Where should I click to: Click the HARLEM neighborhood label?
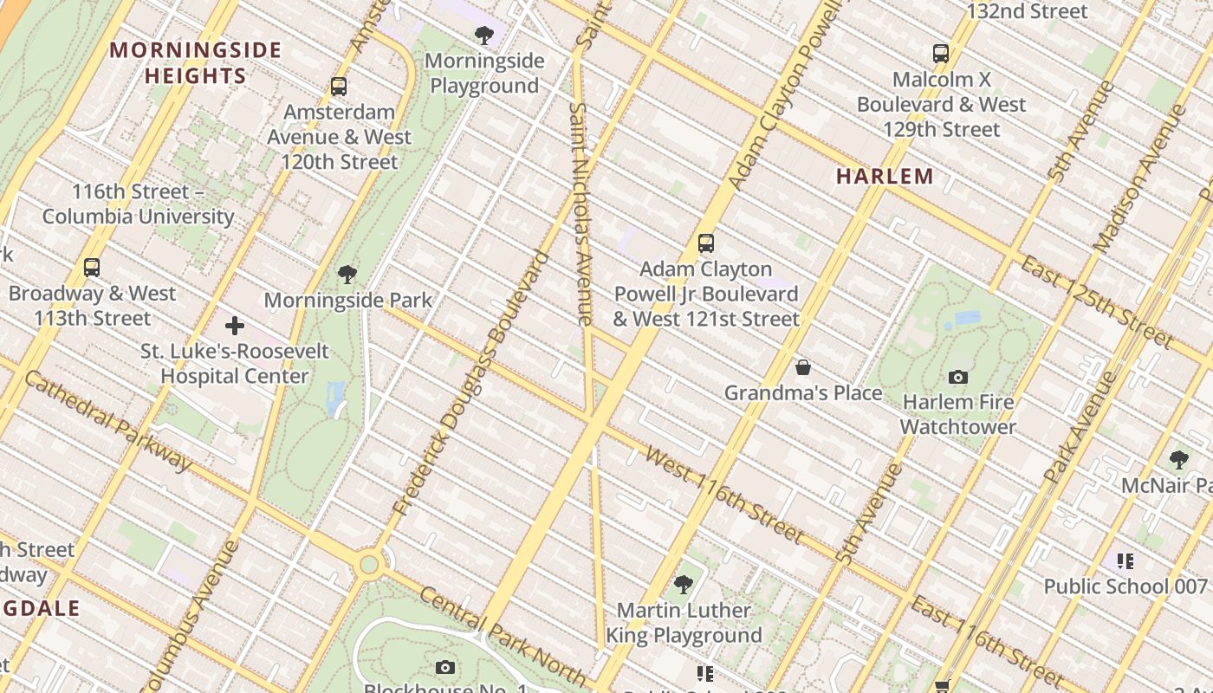point(885,177)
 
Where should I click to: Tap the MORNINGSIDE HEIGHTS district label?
point(196,62)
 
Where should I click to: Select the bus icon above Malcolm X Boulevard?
point(941,54)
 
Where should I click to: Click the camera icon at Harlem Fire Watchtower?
point(957,377)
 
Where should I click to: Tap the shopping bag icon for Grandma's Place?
point(803,367)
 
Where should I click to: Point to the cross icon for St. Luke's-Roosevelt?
point(234,327)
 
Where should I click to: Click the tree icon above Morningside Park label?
point(347,275)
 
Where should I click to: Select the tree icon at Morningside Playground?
point(484,36)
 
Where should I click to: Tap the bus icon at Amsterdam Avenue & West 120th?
point(339,87)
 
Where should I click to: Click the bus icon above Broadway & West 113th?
point(92,268)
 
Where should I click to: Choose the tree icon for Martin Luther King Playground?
point(684,585)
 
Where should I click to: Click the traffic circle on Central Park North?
point(369,565)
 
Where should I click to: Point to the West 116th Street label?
point(723,495)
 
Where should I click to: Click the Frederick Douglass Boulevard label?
point(471,384)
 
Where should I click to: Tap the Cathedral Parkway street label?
point(108,421)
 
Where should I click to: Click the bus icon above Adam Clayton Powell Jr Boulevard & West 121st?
point(706,243)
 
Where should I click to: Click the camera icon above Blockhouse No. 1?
point(445,667)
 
